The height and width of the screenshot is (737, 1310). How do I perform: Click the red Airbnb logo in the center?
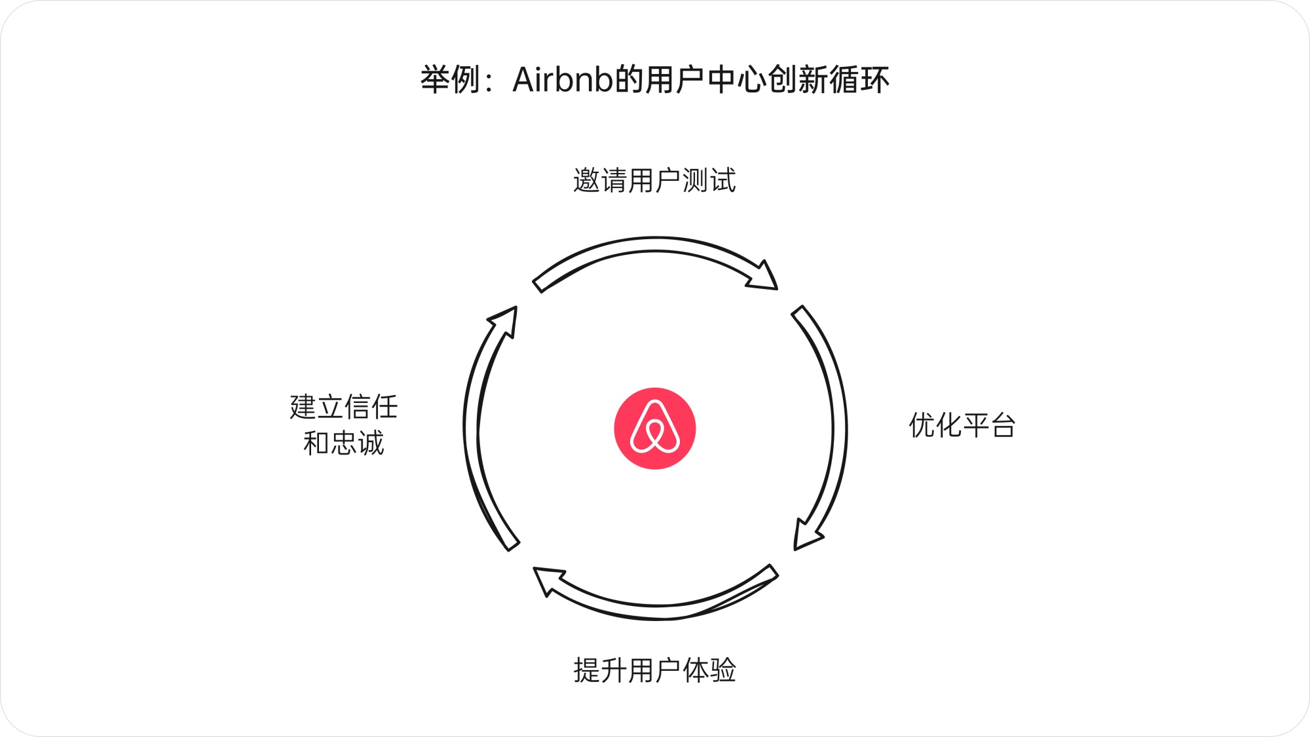654,428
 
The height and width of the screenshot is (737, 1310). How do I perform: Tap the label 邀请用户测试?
654,181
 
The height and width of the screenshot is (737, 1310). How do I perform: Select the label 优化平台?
962,426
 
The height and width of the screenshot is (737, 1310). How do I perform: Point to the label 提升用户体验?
654,671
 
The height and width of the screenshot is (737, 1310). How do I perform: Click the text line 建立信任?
344,407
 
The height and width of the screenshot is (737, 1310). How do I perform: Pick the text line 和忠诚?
344,444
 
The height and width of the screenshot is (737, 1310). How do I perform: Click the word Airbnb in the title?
563,80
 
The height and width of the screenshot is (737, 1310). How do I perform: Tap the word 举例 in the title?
451,80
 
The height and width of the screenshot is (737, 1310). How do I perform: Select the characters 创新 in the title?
797,80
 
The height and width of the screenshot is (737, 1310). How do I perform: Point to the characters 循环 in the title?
859,80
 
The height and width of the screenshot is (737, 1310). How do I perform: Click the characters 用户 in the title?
674,80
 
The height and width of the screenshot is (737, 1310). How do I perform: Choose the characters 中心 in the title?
736,80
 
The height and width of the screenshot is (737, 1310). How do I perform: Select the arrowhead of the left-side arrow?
506,320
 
